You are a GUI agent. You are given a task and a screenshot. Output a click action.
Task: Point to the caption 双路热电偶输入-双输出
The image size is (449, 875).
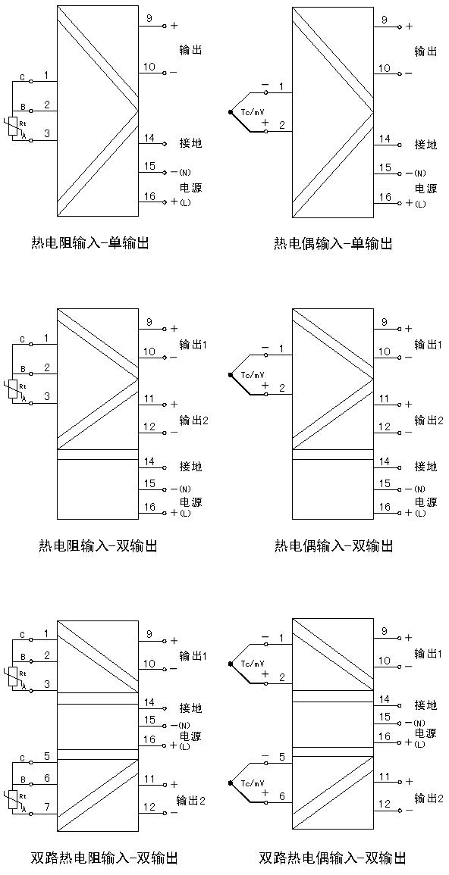(x=333, y=857)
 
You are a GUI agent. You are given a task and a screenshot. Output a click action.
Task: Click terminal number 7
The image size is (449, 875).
(x=47, y=807)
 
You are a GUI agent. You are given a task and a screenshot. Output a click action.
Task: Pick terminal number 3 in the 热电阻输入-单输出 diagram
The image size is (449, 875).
(x=47, y=133)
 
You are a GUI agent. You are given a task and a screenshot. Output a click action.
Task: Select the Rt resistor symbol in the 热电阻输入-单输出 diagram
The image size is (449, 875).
(x=15, y=127)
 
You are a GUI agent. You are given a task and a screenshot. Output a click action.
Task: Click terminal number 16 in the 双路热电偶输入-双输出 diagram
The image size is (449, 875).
(x=385, y=736)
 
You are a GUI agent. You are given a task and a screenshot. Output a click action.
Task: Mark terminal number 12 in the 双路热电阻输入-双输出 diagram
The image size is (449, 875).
(x=149, y=806)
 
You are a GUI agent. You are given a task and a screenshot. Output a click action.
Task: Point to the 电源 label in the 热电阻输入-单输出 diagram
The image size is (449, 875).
(x=190, y=188)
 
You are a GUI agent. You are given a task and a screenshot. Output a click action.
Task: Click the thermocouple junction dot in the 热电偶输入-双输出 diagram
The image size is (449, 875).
(x=230, y=374)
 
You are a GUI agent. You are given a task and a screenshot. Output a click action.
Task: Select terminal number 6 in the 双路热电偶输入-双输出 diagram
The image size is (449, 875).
(x=282, y=797)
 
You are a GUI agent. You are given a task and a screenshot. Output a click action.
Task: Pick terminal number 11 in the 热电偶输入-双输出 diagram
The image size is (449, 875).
(x=385, y=398)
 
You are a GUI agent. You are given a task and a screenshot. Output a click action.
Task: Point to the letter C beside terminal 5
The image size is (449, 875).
(x=22, y=758)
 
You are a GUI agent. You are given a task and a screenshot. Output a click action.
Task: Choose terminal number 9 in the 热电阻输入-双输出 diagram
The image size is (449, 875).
(x=149, y=323)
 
